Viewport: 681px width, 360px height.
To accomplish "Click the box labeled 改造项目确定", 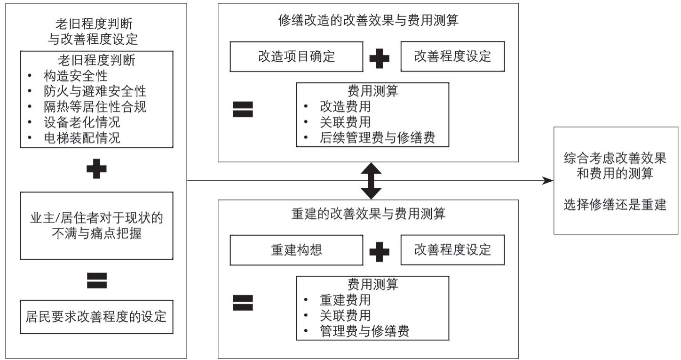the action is pos(296,56).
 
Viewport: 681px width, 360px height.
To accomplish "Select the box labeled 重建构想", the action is pos(296,250).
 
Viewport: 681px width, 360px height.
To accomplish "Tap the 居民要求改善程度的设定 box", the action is pos(97,317).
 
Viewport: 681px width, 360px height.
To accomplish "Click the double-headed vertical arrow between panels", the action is pos(371,181).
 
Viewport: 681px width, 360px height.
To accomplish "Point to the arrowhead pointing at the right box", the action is pos(548,181).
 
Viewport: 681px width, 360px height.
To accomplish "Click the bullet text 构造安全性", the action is pos(76,76).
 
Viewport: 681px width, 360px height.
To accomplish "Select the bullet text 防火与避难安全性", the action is pos(95,91).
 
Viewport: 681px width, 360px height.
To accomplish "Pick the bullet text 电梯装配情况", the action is pos(82,138).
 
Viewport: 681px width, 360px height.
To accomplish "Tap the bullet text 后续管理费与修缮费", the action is pos(377,137).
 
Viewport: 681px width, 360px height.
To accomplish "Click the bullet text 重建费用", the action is pos(345,300).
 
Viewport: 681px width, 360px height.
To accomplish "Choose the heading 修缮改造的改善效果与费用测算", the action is pos(368,20).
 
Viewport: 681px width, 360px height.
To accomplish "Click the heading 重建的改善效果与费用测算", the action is pos(368,214).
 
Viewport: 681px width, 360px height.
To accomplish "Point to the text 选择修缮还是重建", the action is pos(615,205).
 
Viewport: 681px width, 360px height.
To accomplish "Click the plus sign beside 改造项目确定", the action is pos(380,58).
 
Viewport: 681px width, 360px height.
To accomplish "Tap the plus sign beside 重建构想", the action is pos(380,252).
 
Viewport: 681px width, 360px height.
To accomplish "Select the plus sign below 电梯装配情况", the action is pos(97,168).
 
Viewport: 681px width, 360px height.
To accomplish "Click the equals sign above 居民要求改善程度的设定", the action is pos(97,280).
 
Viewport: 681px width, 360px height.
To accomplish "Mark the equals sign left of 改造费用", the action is pos(243,109).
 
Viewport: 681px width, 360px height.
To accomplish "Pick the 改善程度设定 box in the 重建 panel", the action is pos(453,250).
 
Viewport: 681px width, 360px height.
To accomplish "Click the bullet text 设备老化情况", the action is pos(82,122).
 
